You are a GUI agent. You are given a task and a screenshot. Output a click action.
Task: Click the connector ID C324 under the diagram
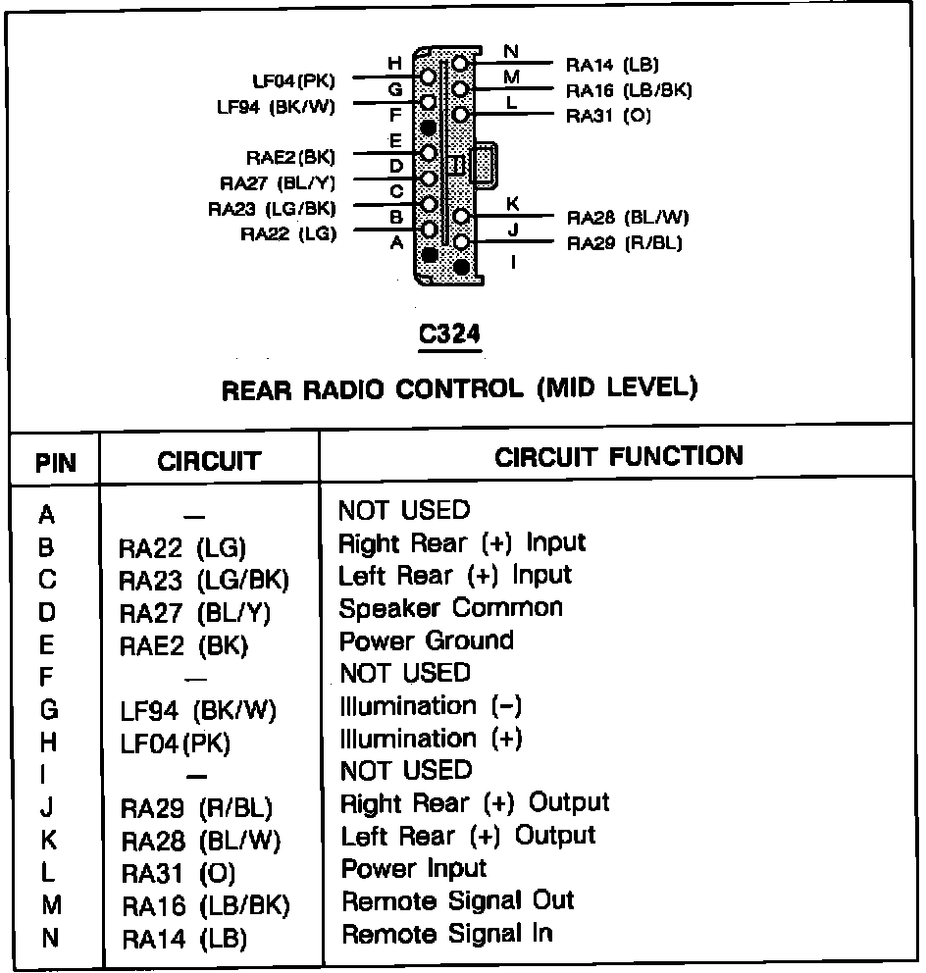[449, 334]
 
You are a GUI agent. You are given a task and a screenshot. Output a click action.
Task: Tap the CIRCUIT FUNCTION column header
[619, 456]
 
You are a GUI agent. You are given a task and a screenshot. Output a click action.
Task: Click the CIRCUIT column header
[209, 461]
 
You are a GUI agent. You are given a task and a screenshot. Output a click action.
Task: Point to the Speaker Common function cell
[451, 608]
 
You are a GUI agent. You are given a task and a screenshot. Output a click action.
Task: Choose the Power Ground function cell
[426, 640]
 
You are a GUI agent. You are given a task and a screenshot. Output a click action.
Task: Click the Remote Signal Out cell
[457, 900]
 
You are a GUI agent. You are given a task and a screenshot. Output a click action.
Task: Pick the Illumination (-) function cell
[431, 706]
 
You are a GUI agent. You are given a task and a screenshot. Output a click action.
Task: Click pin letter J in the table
[49, 807]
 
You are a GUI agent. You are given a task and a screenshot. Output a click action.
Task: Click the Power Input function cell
[414, 868]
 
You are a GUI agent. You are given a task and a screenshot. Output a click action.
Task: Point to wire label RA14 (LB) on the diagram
[612, 66]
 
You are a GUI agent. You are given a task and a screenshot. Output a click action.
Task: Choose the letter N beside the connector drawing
[511, 51]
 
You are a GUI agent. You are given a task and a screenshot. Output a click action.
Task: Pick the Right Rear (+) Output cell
[475, 803]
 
